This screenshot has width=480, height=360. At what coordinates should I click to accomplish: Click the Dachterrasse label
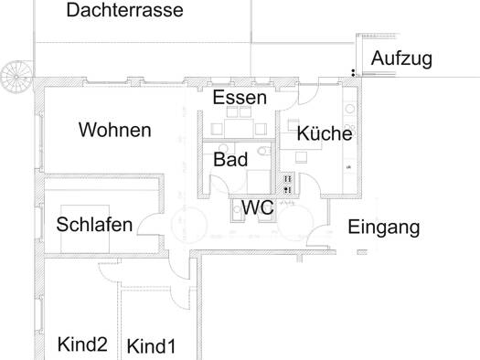124,11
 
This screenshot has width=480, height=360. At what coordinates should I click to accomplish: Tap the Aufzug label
401,59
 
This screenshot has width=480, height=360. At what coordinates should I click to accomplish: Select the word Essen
240,97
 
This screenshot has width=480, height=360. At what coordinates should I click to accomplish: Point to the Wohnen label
114,130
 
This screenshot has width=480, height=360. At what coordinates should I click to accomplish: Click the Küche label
324,133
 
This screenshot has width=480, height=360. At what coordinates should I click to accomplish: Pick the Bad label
230,159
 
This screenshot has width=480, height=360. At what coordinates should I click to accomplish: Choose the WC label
258,207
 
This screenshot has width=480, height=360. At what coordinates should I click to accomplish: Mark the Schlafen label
94,224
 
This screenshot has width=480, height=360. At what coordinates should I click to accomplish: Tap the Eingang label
384,227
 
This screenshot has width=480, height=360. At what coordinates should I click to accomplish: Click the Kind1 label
150,346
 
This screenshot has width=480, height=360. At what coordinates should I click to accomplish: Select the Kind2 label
82,344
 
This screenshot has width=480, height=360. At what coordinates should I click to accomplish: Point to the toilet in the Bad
262,152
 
